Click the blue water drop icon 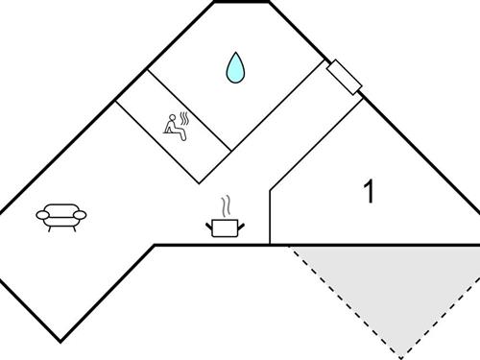coord(234,67)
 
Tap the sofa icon coord(61,217)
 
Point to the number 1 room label coord(369,192)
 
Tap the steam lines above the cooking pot coord(226,206)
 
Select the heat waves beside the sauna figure coord(185,120)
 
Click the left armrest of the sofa coord(43,215)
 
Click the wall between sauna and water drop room coord(190,110)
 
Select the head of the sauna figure coord(173,118)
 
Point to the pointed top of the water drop coord(234,54)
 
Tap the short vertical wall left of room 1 coord(270,216)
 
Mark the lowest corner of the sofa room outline coord(61,340)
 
